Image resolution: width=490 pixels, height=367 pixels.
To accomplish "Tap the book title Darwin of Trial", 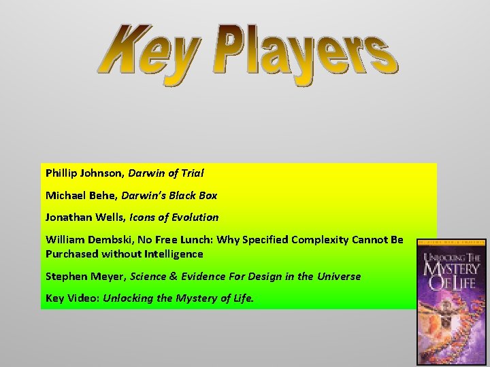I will pyautogui.click(x=166, y=173).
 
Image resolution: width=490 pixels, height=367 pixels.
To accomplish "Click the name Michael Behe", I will pyautogui.click(x=81, y=195).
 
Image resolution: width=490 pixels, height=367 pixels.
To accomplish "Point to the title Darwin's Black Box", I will pyautogui.click(x=170, y=195).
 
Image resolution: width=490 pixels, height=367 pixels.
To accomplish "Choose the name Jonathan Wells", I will pyautogui.click(x=82, y=217).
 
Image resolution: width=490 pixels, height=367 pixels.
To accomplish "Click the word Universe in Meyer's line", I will pyautogui.click(x=338, y=276).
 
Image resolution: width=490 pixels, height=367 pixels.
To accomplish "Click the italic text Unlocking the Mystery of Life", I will pyautogui.click(x=178, y=298).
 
